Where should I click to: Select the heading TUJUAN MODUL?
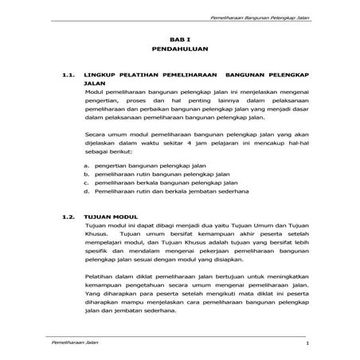(112, 217)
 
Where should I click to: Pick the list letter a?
(85, 163)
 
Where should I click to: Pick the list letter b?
(85, 173)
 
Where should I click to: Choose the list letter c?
(85, 182)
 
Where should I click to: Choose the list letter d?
(85, 192)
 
